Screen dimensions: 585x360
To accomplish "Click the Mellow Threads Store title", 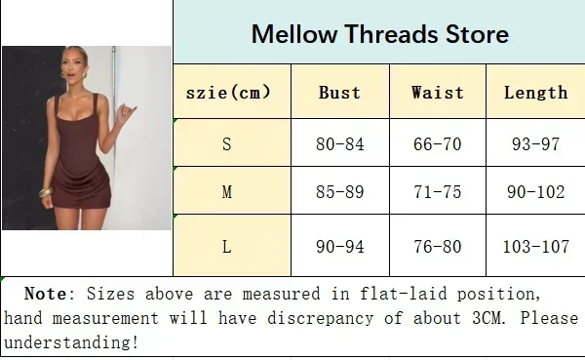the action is coord(380,34).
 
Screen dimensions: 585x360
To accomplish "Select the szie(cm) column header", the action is coord(228,92).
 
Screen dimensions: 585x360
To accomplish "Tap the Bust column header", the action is coord(339,93).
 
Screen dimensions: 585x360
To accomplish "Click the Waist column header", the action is coord(437,93).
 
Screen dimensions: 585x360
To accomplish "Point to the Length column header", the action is coord(535,94).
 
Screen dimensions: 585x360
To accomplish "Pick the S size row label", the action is coord(227,144).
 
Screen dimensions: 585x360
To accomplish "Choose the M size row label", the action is coord(227,192).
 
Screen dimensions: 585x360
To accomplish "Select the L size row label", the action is coord(227,247).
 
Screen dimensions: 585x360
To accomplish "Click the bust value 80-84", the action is coord(339,144).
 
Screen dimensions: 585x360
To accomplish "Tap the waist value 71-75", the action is coord(437,192).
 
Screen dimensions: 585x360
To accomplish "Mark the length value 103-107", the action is coord(535,247).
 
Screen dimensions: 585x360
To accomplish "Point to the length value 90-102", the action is coord(535,192).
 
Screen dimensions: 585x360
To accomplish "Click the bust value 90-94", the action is coord(339,247).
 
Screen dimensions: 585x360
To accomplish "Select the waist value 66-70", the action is coord(437,144).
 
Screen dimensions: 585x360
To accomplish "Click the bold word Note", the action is coord(46,294).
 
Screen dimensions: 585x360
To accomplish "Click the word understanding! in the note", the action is coord(71,342).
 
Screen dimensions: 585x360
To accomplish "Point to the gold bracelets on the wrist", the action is coord(46,192).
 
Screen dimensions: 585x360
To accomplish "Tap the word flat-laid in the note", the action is coord(404,294).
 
